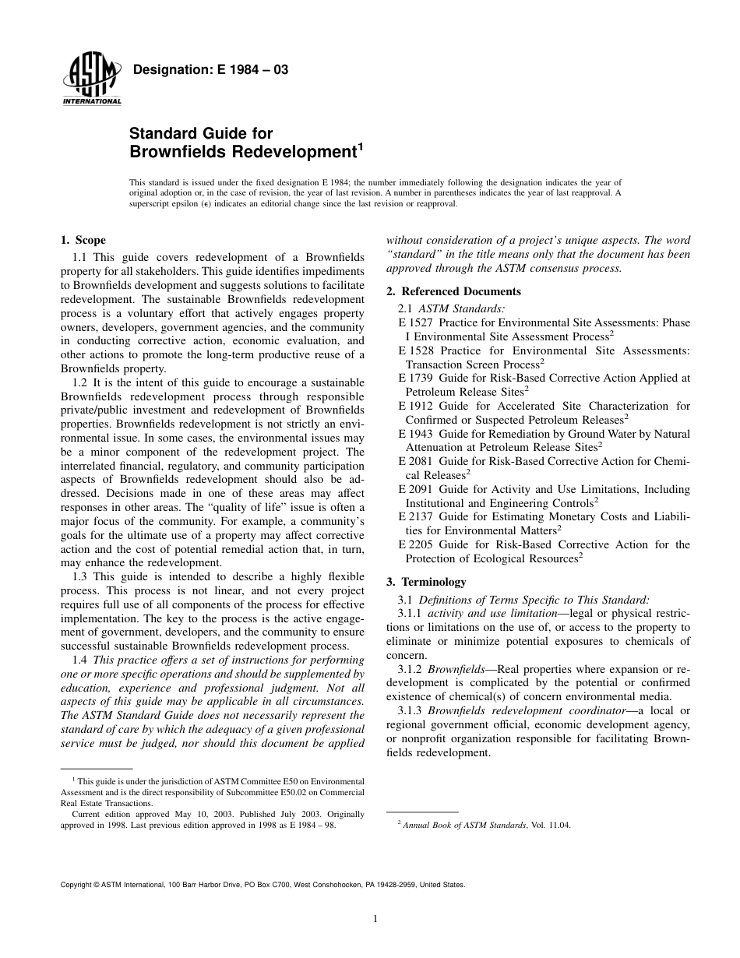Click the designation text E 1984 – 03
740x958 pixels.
click(x=212, y=70)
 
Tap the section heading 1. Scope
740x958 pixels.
click(x=83, y=240)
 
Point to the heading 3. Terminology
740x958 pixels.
click(x=427, y=581)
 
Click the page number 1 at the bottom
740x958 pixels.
click(x=375, y=919)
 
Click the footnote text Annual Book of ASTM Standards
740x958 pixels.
click(x=464, y=825)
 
